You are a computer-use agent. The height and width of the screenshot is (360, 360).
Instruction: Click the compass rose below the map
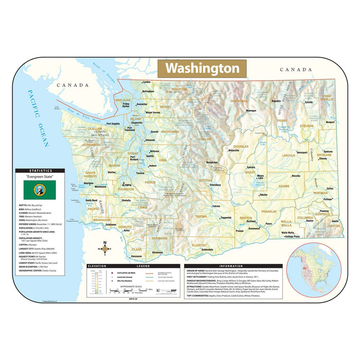click(x=105, y=248)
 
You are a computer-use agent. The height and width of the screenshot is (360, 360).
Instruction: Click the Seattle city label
click(x=150, y=156)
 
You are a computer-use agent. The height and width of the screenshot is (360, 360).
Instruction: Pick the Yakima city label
click(x=216, y=206)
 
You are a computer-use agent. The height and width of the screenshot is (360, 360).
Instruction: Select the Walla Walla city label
click(x=287, y=232)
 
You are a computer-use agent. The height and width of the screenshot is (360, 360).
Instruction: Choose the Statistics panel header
click(x=40, y=170)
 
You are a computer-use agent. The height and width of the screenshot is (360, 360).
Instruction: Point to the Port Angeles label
click(x=113, y=124)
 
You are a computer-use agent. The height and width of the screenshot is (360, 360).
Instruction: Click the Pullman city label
click(x=328, y=199)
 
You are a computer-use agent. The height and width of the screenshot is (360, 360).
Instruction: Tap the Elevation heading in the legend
click(x=96, y=266)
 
